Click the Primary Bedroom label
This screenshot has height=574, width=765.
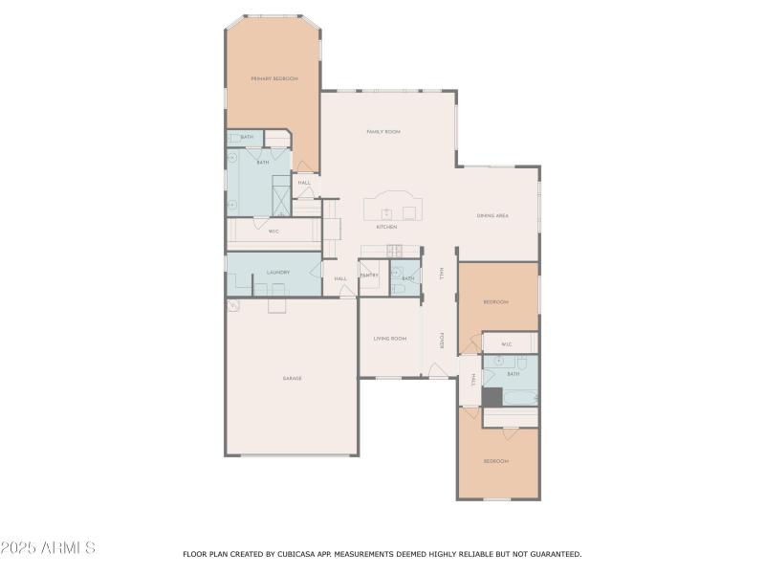click(274, 78)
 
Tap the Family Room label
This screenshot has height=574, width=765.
click(382, 131)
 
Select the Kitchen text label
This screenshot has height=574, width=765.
click(386, 227)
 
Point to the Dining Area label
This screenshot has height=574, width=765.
click(492, 215)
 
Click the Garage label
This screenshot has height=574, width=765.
click(292, 378)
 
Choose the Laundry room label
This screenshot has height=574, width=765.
click(277, 273)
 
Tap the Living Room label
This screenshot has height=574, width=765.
click(389, 338)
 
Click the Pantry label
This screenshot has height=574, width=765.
click(369, 276)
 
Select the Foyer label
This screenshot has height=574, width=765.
click(442, 341)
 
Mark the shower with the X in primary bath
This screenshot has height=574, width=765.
click(280, 196)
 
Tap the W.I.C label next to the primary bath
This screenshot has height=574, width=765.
click(273, 231)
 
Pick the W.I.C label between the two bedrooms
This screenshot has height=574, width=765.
click(506, 344)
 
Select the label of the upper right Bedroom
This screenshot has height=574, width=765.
click(495, 302)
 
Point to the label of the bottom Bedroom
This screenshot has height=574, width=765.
click(495, 461)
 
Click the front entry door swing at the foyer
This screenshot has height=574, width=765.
click(435, 369)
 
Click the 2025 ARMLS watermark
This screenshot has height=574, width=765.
click(48, 548)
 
